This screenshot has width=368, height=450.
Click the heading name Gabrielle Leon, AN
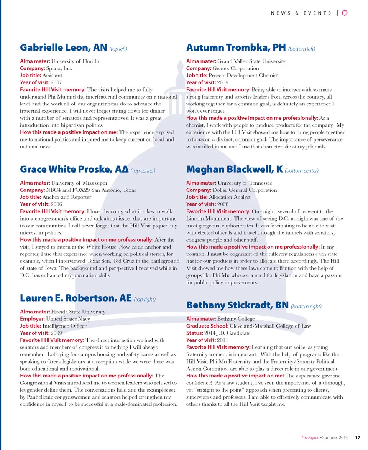click(63, 48)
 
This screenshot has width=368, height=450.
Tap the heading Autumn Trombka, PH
click(236, 48)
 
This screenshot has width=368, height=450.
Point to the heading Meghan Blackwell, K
click(234, 169)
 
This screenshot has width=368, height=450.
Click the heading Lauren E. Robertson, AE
click(76, 298)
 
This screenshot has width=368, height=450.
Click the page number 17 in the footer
click(358, 437)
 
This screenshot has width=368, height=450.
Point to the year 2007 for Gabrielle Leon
click(56, 82)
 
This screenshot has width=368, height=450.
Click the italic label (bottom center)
click(301, 170)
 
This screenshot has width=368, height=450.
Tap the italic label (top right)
click(145, 300)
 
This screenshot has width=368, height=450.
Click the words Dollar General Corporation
click(245, 190)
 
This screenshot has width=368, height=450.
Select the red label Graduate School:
click(207, 326)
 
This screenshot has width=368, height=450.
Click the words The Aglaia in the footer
click(310, 437)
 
